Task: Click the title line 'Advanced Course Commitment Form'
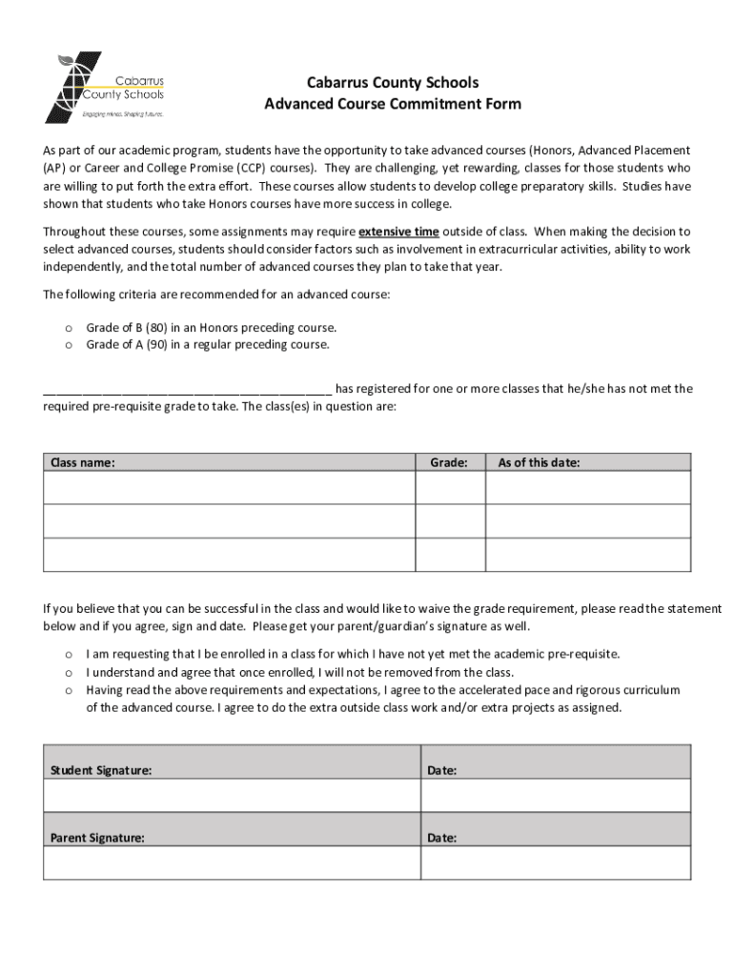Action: (393, 104)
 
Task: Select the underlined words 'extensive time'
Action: (398, 232)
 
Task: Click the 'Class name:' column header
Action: (83, 463)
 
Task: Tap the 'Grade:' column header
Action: (448, 463)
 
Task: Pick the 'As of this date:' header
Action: (539, 463)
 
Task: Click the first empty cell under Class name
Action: (229, 488)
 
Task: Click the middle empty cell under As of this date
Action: (588, 520)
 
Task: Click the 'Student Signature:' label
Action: (100, 769)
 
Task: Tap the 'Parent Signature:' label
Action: (97, 838)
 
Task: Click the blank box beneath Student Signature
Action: (231, 795)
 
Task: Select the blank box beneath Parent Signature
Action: (231, 863)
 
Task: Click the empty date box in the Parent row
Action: (556, 863)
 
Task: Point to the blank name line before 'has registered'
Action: (187, 389)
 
